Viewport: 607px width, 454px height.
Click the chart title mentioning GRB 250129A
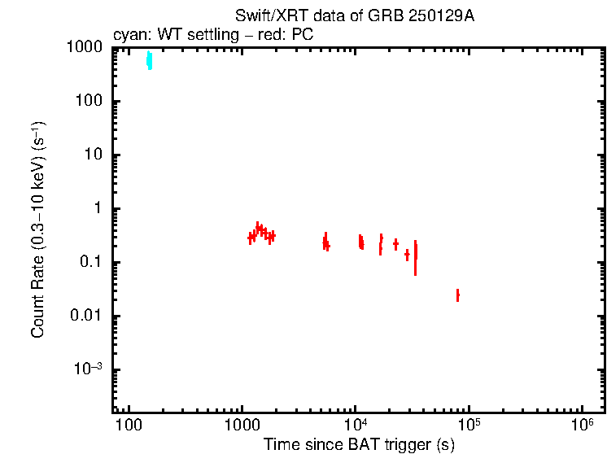tap(354, 16)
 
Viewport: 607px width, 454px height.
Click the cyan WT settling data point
tap(149, 60)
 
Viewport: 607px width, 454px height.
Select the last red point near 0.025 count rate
tap(457, 295)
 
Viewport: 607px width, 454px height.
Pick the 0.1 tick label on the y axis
tap(90, 263)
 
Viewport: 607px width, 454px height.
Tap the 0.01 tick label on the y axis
tap(85, 316)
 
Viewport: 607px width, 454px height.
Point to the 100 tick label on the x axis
tap(129, 426)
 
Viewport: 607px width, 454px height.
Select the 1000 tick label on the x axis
tap(242, 426)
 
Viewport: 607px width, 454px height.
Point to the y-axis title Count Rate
tap(38, 229)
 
